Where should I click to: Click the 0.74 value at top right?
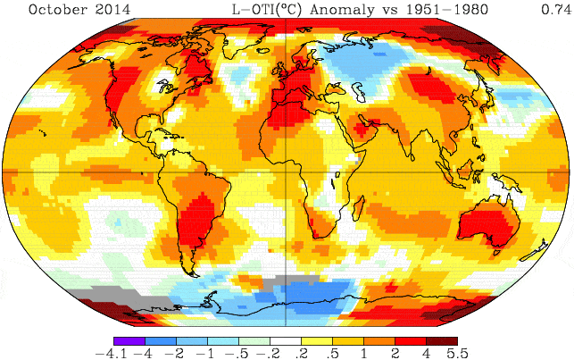tap(555, 10)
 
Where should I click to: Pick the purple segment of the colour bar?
tap(128, 340)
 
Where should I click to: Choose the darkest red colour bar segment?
tap(444, 340)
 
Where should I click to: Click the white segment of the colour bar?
tap(286, 340)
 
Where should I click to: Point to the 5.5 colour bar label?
tap(458, 353)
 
